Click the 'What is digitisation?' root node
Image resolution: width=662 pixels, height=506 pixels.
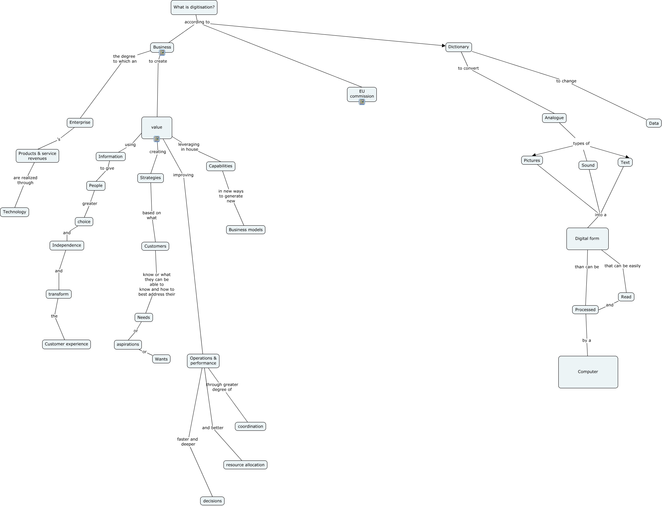coord(194,7)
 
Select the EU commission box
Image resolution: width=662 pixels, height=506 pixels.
coord(362,93)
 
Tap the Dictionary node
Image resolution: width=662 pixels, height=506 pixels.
coord(458,47)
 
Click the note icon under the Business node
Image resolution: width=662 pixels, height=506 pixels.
coord(162,53)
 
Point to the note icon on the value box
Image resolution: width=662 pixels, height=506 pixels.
coord(157,139)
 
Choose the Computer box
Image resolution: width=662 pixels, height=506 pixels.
coord(588,372)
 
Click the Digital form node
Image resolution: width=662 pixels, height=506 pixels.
coord(587,238)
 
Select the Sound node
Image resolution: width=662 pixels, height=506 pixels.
coord(588,165)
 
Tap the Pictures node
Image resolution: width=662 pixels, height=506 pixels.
coord(532,160)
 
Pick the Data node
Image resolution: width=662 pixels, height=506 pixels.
coord(654,123)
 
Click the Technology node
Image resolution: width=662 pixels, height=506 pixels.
coord(15,212)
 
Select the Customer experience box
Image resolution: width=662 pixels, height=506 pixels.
coord(67,344)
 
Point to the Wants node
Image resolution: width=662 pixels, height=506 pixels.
coord(161,359)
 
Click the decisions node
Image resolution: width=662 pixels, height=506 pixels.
coord(212,501)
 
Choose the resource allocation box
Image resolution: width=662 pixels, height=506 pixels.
coord(245,465)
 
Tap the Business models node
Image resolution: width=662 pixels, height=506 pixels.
coord(245,230)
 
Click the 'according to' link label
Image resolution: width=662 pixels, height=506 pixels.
coord(197,22)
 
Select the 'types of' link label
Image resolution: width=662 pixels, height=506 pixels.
coord(581,143)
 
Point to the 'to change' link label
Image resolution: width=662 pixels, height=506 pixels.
coord(566,81)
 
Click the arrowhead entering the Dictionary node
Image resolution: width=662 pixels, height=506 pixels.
coord(444,46)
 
